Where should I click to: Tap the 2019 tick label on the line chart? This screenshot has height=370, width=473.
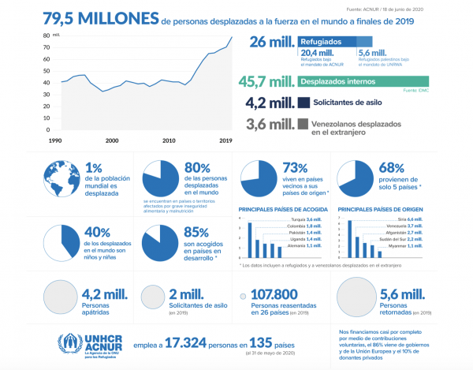[x=225, y=140]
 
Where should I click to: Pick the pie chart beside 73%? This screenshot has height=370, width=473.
[x=258, y=179]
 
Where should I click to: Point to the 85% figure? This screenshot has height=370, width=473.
[x=198, y=234]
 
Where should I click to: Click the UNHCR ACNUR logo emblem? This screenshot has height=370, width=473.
[x=70, y=342]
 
